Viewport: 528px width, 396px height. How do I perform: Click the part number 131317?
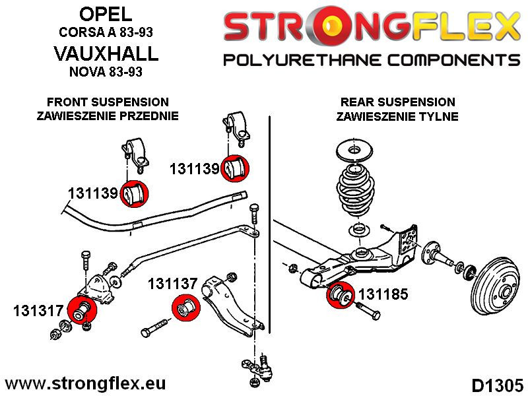(37, 310)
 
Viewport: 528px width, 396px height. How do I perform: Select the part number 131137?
(172, 284)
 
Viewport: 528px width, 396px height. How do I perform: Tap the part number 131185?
(382, 294)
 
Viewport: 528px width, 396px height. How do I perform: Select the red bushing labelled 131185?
(341, 294)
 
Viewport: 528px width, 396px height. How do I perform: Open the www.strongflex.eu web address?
(85, 383)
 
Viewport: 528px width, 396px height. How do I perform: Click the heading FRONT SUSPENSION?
(108, 102)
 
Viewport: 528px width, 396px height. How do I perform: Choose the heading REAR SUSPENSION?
(397, 102)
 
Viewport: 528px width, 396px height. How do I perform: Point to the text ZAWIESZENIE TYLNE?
(397, 117)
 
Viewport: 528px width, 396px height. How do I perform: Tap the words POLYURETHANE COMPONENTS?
(372, 61)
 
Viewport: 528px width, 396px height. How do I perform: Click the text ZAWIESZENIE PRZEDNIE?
(108, 117)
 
